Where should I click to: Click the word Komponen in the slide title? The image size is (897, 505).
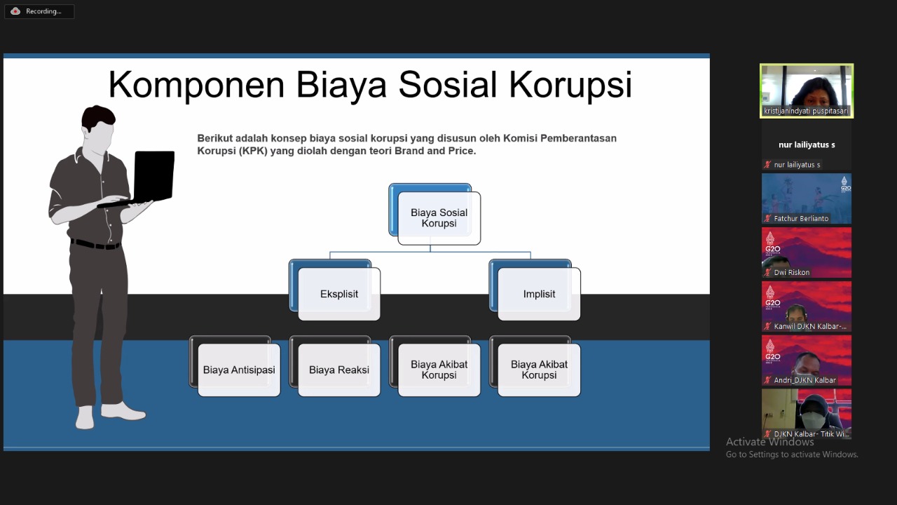coord(196,85)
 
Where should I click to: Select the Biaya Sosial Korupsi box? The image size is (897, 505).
coord(439,218)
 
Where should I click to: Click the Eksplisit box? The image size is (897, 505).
coord(339,294)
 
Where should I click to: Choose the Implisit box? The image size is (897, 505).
coord(538,294)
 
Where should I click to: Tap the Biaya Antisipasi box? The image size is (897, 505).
coord(239,370)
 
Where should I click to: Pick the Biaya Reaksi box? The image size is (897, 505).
coord(339,370)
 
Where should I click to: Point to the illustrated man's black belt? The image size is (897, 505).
coord(95,244)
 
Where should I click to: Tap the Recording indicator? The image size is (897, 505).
coord(39,11)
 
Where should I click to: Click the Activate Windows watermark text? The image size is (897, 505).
coord(769,442)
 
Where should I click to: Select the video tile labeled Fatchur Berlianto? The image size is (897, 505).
coord(807,198)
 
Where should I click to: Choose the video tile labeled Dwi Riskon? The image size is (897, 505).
coord(807,252)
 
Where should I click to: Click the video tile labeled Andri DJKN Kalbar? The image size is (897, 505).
coord(807,360)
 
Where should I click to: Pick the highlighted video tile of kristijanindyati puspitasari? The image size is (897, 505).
coord(807,90)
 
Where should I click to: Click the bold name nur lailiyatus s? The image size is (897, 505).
coord(807,144)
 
